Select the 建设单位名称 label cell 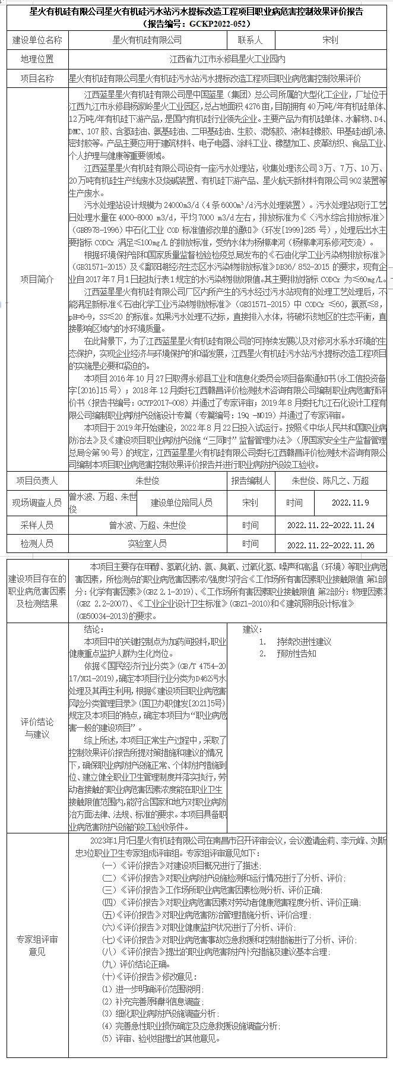(x=37, y=40)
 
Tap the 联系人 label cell (x=249, y=40)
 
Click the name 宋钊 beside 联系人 (x=330, y=40)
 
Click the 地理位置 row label (x=37, y=59)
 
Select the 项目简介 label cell (x=37, y=279)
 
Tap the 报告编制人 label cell (x=250, y=481)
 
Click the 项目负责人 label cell (x=37, y=481)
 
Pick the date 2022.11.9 (x=350, y=503)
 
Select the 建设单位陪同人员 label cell (x=181, y=503)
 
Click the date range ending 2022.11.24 (x=330, y=525)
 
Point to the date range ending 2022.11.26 (x=330, y=545)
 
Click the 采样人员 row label (x=37, y=525)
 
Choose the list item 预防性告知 (x=296, y=653)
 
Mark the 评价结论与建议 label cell (x=37, y=728)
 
